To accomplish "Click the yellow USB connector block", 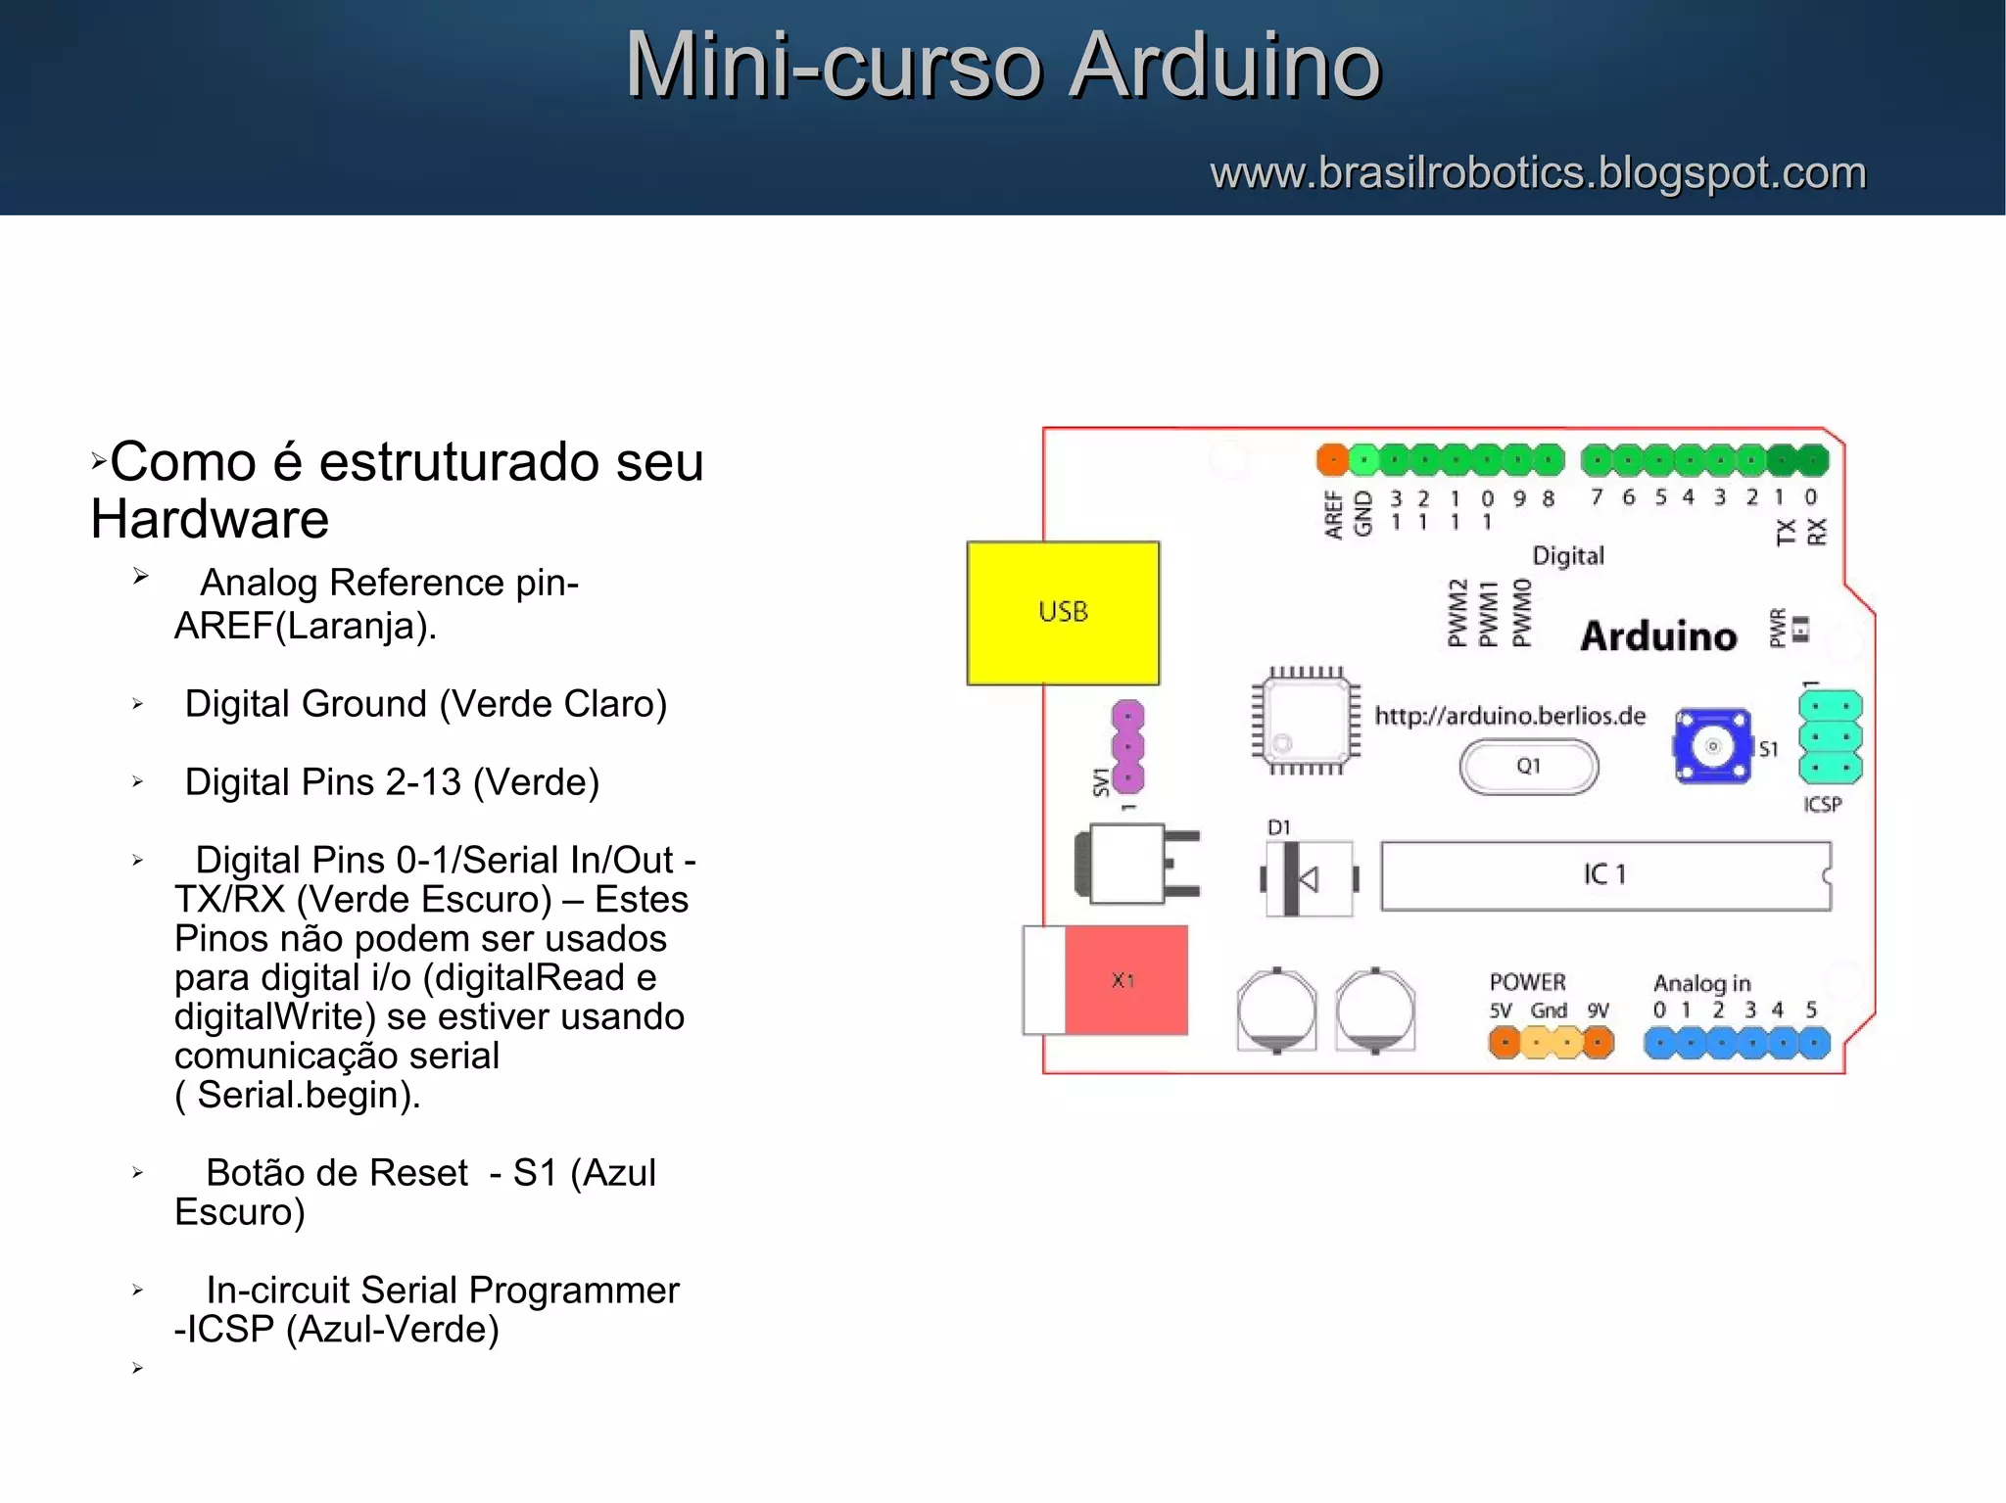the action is (1063, 613).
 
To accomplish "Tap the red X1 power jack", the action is (1124, 980).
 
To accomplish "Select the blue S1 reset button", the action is (1711, 746).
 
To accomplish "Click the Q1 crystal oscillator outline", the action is (1528, 767).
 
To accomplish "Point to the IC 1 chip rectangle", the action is (1604, 875).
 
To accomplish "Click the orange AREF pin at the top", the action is (1332, 458).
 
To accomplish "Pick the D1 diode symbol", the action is (1308, 878).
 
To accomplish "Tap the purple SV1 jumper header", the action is (1128, 746).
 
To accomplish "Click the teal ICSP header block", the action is (1830, 736).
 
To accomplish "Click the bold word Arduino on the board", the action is (1658, 636).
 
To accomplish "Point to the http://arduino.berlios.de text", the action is (1509, 716).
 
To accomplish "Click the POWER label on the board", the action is (1527, 982).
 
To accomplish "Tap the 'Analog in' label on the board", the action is (1701, 983).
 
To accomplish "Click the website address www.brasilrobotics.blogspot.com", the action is (1538, 173).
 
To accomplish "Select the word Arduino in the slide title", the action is (1224, 66).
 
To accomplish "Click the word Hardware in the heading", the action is (210, 519).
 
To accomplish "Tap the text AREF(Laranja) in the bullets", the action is (305, 626).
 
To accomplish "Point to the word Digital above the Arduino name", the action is (1568, 556).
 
